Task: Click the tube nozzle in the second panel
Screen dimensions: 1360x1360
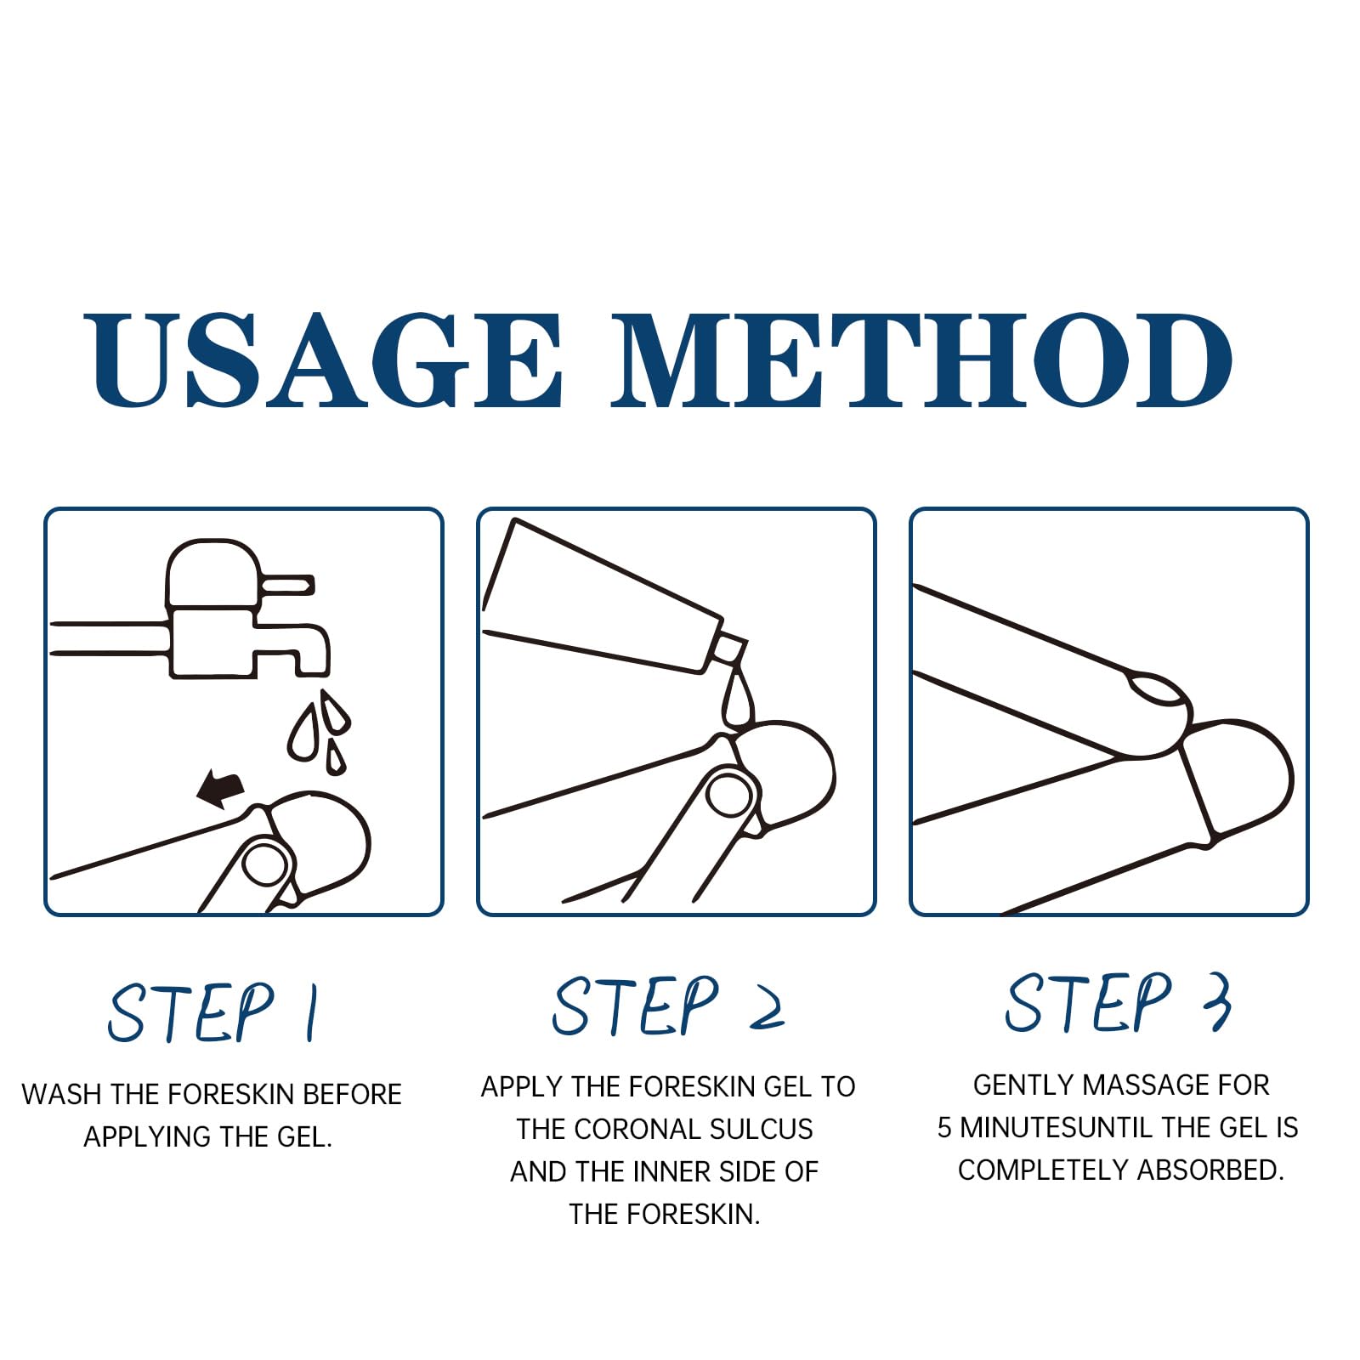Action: tap(730, 650)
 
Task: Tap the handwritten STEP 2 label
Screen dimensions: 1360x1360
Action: tap(668, 1006)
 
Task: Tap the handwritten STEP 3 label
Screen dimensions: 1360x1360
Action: tap(1119, 1002)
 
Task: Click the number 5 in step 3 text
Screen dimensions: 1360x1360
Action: tap(943, 1128)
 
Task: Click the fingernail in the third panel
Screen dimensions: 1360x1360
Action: tap(1157, 688)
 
